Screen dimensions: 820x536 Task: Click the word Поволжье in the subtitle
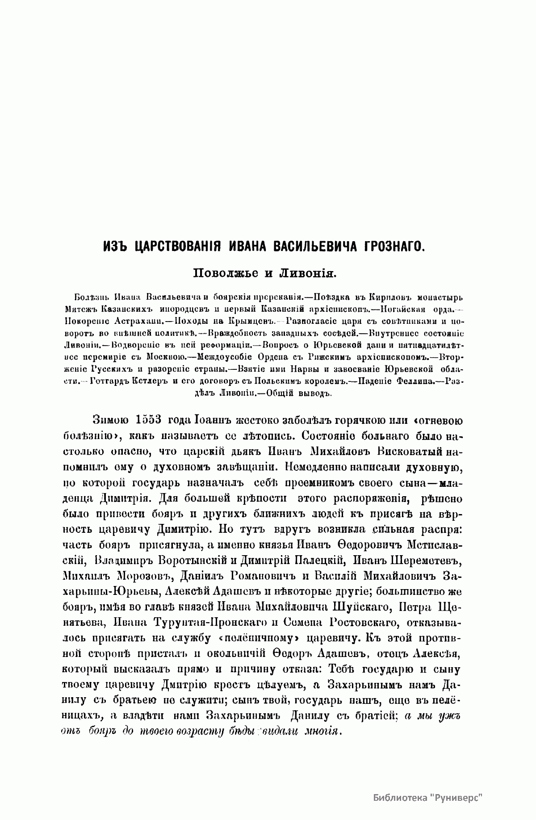pos(226,272)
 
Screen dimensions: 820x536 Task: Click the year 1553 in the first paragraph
pos(148,421)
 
